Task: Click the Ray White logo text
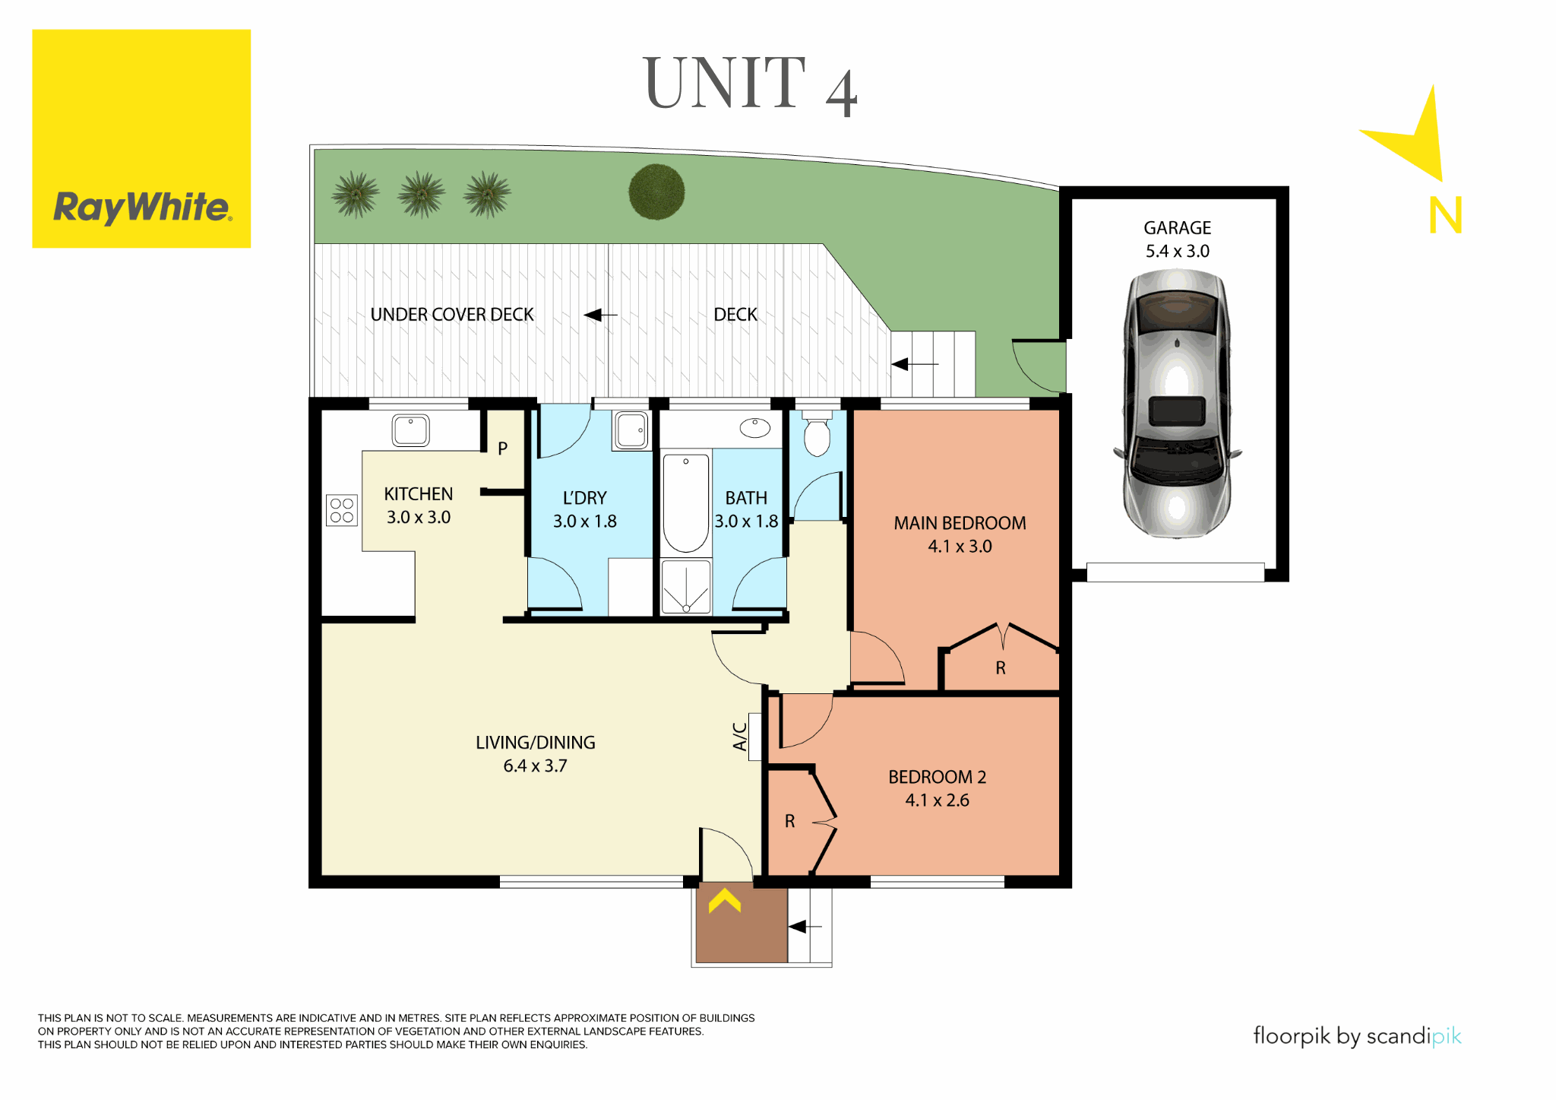click(141, 208)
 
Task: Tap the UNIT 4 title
click(750, 85)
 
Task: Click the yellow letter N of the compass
click(1445, 215)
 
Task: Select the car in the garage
click(1177, 403)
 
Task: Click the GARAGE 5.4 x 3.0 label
click(1177, 239)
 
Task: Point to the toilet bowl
click(817, 436)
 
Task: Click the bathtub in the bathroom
click(685, 502)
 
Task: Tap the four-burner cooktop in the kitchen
click(341, 510)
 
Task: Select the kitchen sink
click(410, 430)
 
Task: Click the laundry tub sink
click(631, 430)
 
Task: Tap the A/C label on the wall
click(739, 736)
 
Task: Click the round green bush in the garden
click(656, 192)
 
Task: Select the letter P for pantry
click(502, 449)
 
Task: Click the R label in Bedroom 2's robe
click(789, 821)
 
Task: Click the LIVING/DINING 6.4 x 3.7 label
click(535, 753)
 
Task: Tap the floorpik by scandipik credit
click(1356, 1036)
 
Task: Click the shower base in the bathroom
click(685, 587)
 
